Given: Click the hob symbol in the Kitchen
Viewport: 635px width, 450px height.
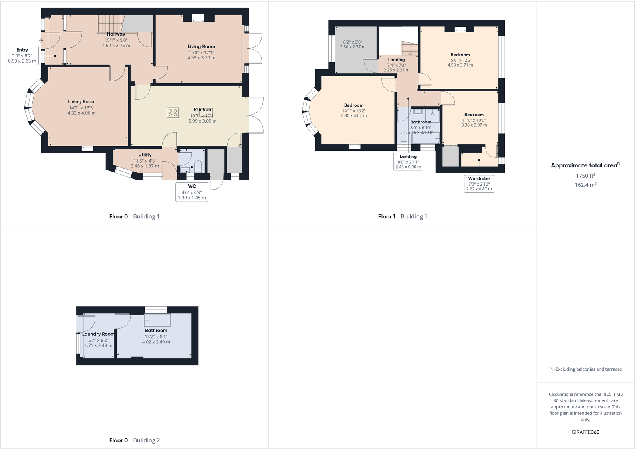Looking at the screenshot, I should [x=173, y=113].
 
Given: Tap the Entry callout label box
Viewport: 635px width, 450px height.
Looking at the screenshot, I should [x=22, y=56].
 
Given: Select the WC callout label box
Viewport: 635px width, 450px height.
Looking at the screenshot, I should [x=192, y=192].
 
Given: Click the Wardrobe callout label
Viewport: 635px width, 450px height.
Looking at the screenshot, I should [x=479, y=184].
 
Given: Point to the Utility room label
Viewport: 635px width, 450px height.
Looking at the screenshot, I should [x=145, y=155].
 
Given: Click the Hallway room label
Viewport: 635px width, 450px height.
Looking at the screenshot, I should [x=116, y=34].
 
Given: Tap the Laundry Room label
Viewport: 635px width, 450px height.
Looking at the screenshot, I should [x=98, y=334].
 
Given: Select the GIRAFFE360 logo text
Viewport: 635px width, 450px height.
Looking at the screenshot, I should [x=585, y=432].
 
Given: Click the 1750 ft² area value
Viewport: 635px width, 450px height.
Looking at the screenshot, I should [x=585, y=176].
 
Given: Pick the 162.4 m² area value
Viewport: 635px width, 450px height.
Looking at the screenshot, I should [x=585, y=185].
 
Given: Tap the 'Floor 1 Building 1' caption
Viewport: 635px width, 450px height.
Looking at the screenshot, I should [x=402, y=216].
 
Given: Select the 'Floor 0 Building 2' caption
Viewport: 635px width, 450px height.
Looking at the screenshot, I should [x=134, y=440].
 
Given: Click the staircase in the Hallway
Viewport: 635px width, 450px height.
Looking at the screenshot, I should [x=110, y=24].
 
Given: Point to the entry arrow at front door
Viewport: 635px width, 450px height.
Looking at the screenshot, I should [x=41, y=40].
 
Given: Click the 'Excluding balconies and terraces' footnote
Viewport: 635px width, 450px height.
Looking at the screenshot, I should [x=585, y=369].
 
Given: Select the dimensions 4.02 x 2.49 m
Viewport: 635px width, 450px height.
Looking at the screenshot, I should [x=156, y=342].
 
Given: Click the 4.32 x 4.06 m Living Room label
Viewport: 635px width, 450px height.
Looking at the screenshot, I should [x=81, y=113].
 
